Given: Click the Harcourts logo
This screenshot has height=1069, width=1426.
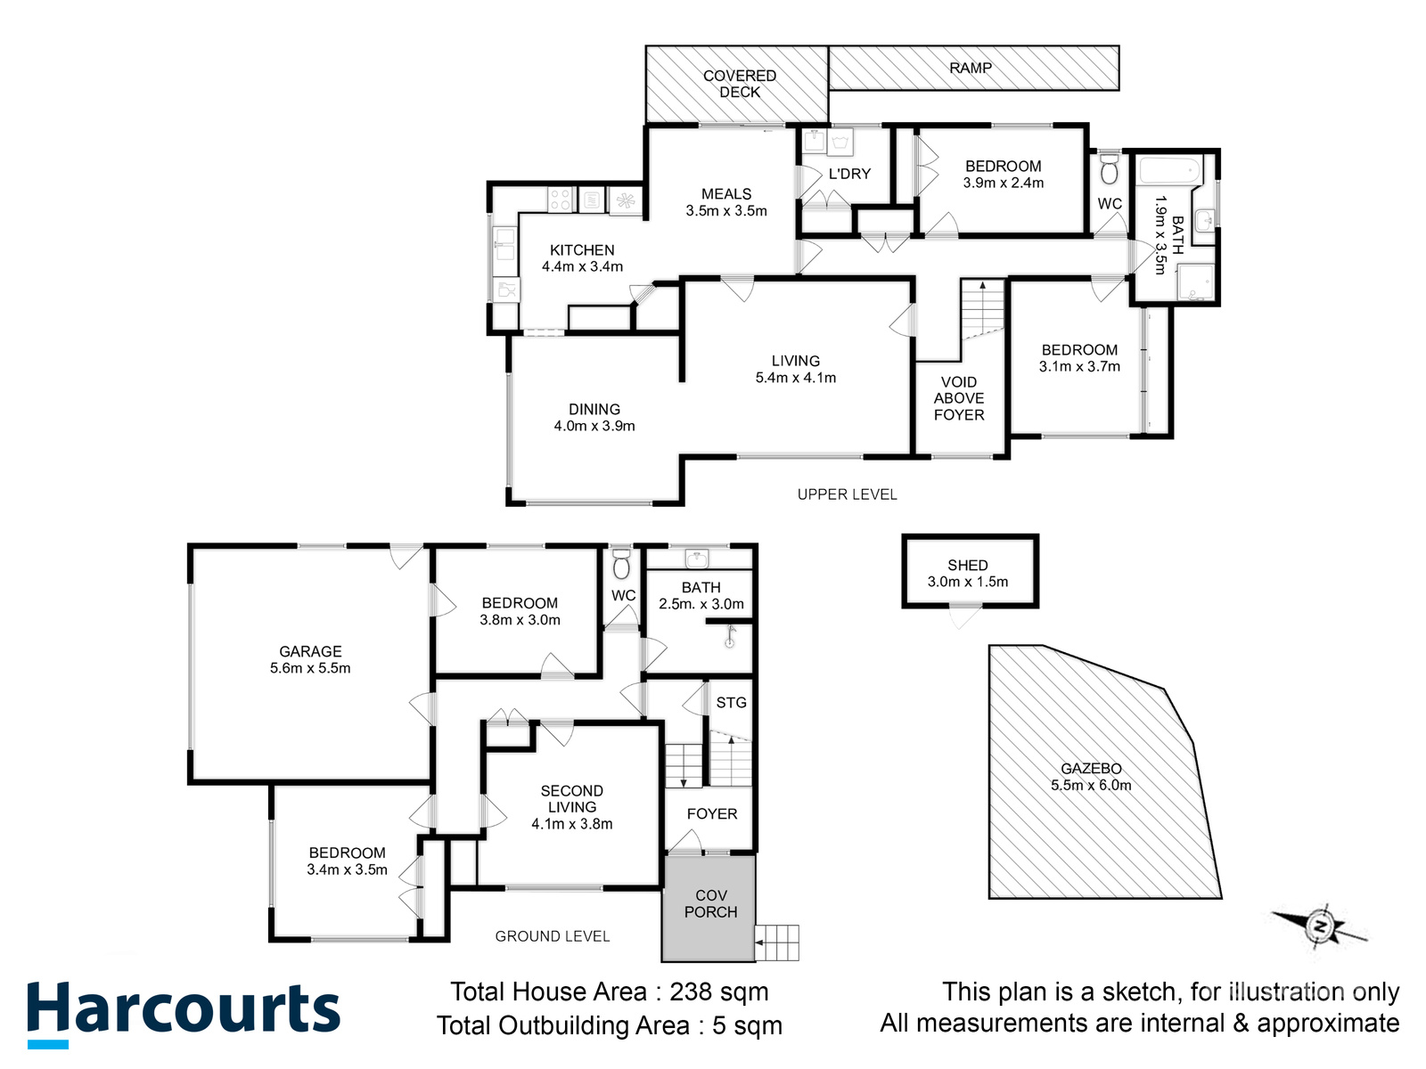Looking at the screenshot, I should tap(184, 1013).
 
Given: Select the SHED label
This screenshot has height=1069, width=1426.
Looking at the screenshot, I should tap(968, 566).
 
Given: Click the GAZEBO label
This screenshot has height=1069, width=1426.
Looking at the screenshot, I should tap(1091, 769).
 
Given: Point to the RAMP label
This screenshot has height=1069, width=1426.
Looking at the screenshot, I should tap(971, 68).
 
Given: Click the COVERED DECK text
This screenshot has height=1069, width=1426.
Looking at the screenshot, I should tap(740, 84).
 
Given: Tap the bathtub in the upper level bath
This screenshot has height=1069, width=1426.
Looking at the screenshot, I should tap(1170, 170).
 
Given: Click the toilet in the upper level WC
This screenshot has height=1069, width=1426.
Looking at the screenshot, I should tap(1110, 169).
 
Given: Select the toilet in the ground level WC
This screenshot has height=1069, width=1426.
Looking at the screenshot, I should tap(622, 564).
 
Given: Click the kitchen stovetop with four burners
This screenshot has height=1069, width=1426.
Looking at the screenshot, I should tap(560, 200).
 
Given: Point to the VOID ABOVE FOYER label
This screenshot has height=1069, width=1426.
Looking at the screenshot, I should tap(959, 398).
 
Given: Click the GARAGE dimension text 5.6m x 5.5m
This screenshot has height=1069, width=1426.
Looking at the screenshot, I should tap(310, 668).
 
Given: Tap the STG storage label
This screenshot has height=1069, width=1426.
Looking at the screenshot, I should tap(732, 703).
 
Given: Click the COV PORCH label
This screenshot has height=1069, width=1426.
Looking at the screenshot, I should tap(710, 904).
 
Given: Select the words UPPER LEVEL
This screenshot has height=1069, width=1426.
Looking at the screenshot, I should tap(848, 494).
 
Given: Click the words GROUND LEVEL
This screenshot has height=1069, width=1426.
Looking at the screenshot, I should tap(553, 936).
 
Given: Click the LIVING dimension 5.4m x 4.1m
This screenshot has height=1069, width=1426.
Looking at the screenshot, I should tap(796, 378).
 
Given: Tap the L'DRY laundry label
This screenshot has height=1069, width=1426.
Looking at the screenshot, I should tap(849, 174).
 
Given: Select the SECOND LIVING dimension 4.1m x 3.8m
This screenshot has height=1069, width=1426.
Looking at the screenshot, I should tap(572, 824).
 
